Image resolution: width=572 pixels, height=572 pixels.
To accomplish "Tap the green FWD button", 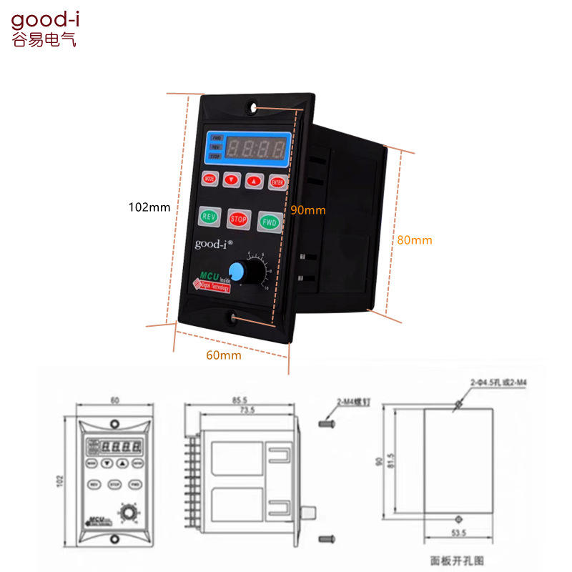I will (268, 221).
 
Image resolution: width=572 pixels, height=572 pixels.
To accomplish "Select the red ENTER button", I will (277, 182).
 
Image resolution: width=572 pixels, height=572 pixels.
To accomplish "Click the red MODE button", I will (209, 178).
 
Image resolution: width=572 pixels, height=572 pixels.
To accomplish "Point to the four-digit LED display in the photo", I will (257, 149).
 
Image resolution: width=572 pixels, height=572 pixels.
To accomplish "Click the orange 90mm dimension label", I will (308, 209).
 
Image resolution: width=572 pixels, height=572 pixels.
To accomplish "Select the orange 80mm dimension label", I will (415, 240).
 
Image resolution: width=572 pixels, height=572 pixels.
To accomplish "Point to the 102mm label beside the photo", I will (149, 207).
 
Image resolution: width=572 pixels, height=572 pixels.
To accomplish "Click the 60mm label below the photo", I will (223, 355).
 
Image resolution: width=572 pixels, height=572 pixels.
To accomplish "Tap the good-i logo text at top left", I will (44, 19).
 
